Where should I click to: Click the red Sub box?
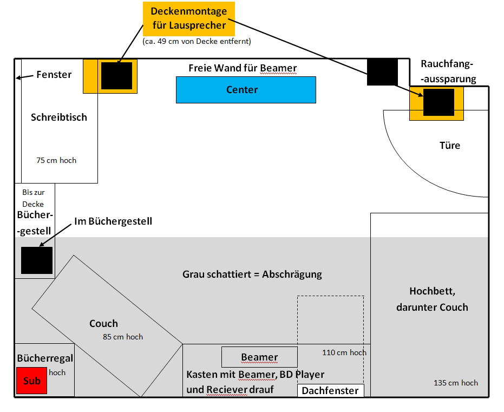tap(32, 381)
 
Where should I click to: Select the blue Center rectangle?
tap(246, 89)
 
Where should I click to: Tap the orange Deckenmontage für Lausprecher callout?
tap(189, 18)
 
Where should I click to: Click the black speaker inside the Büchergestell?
tap(37, 260)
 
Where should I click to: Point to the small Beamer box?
tap(259, 357)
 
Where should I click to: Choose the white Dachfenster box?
tap(330, 390)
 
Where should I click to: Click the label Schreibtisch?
tap(58, 117)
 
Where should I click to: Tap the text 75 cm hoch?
tap(56, 160)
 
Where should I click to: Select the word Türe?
tap(450, 145)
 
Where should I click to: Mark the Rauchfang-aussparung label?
tap(448, 71)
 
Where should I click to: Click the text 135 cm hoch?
tap(456, 383)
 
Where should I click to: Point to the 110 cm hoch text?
tap(344, 352)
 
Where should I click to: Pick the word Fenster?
tap(54, 75)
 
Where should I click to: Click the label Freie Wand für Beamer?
tap(243, 68)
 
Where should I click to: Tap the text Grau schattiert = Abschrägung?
tap(252, 274)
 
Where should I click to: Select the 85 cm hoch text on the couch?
tap(123, 337)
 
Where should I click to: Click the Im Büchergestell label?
tap(113, 221)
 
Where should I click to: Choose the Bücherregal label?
tap(45, 358)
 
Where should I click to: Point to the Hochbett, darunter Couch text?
tap(431, 299)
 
